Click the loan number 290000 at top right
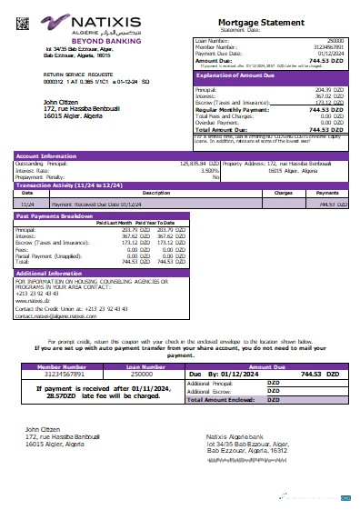point(335,41)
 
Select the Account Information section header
point(46,155)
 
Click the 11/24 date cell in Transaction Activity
point(27,205)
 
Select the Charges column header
point(283,193)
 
